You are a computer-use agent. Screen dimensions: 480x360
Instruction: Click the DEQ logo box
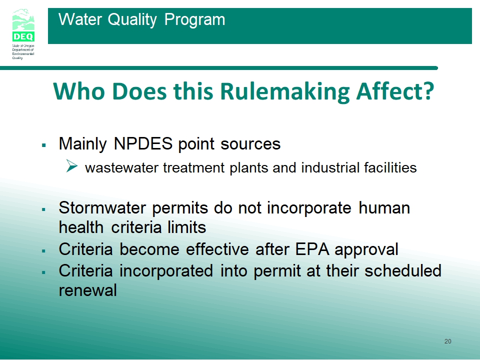click(x=23, y=36)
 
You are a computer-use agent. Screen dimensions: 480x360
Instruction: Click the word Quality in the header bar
click(x=132, y=20)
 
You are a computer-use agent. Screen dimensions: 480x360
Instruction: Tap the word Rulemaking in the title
click(x=284, y=91)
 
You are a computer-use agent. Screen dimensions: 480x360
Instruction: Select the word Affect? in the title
click(x=395, y=90)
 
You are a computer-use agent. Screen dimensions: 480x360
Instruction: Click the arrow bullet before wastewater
click(x=72, y=166)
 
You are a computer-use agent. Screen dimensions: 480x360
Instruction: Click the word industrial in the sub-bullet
click(x=330, y=167)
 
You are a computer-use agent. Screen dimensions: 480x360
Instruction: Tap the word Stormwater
click(x=102, y=207)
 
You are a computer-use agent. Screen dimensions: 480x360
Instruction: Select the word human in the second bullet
click(x=384, y=207)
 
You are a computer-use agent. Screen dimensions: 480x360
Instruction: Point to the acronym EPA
click(x=312, y=249)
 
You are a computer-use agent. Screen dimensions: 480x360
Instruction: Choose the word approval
click(x=366, y=250)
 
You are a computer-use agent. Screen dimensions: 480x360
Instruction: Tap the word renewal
click(x=88, y=290)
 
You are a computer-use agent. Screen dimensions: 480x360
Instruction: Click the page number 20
click(x=448, y=341)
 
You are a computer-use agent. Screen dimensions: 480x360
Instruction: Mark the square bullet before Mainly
click(x=44, y=145)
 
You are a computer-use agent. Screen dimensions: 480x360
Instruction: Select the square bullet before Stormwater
click(x=44, y=209)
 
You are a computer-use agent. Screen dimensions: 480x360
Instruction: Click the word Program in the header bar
click(x=194, y=20)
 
